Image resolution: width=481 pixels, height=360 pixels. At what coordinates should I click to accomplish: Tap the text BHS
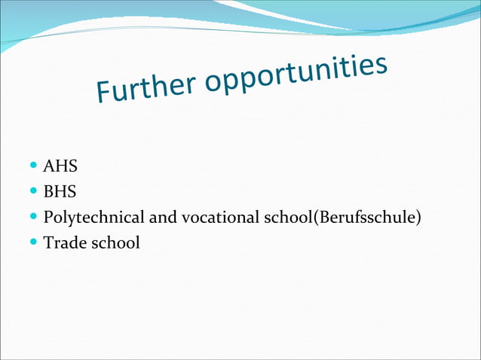pos(60,192)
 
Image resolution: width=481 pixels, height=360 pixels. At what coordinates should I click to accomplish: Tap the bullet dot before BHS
pos(35,192)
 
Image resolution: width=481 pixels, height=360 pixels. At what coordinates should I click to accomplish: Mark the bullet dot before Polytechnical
pos(35,218)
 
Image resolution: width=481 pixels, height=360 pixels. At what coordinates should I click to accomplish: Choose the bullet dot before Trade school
pos(35,243)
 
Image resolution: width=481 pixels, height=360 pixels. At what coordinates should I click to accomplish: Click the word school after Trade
pos(114,243)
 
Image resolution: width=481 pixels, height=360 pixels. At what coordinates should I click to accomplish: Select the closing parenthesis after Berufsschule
pos(418,218)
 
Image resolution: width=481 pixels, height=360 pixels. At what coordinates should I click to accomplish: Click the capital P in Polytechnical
pos(48,218)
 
